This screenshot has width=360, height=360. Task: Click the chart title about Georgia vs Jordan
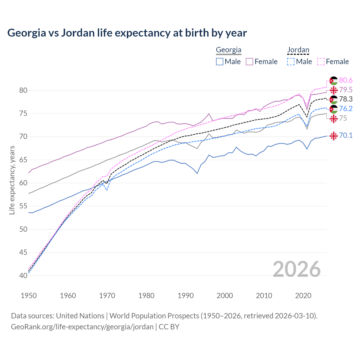pos(127,33)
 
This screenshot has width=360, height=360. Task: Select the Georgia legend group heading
pos(228,50)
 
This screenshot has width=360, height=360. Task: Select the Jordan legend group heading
pos(298,50)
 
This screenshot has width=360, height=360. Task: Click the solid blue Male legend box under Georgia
pos(220,62)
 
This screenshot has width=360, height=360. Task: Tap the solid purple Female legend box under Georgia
pos(249,62)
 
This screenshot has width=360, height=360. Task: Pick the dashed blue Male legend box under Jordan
pos(291,62)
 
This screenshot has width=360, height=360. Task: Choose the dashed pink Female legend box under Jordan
pos(321,62)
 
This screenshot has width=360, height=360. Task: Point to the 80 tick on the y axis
pos(23,90)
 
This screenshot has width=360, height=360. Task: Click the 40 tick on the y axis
pos(23,276)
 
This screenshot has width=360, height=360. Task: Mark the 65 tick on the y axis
pos(23,160)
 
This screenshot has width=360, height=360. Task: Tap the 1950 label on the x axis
pos(29,296)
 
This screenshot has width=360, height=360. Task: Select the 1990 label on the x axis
pos(186,296)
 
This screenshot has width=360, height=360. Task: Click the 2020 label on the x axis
pos(303,296)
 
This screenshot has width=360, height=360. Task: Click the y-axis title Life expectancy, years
pos(12,180)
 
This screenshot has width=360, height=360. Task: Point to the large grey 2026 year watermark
pos(296,269)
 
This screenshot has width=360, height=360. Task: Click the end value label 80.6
pos(346,80)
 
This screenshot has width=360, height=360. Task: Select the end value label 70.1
pos(346,136)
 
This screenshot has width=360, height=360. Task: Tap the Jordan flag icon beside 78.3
pos(334,100)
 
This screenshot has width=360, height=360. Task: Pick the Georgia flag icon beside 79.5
pos(334,90)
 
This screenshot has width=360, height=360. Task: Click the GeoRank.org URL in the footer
pos(82,327)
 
